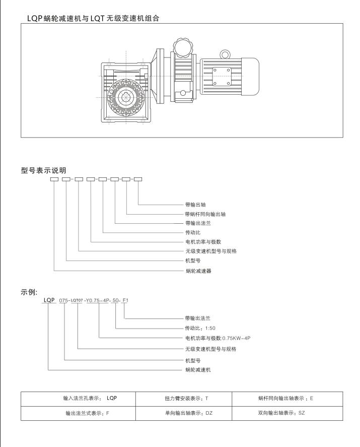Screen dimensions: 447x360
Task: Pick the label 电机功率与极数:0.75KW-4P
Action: coord(218,337)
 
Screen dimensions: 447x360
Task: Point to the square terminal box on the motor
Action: coord(222,76)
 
